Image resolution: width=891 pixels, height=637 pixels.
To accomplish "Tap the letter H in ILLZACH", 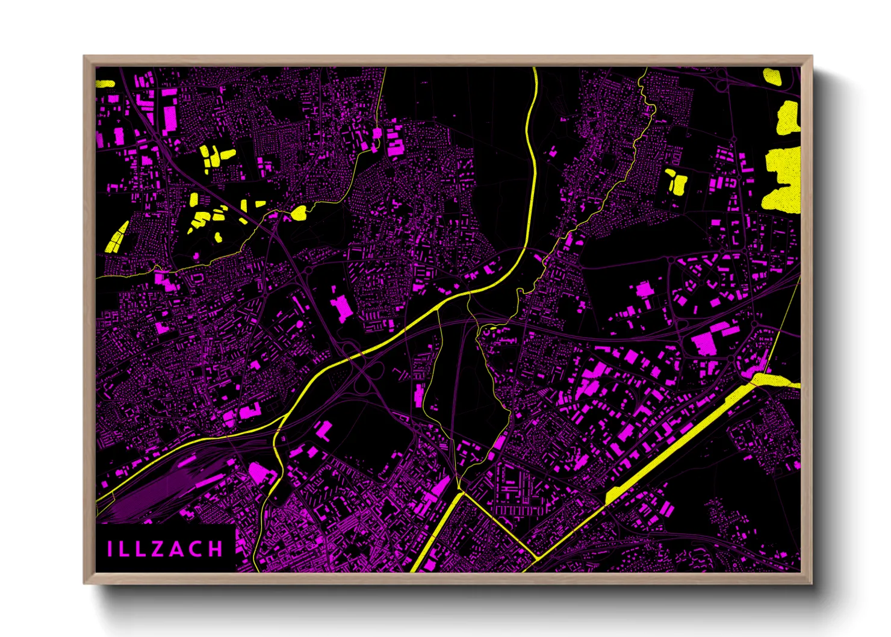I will click(x=216, y=549).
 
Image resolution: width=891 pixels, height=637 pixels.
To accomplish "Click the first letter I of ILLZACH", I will click(x=110, y=549).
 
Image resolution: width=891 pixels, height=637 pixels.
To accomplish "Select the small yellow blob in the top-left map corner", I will click(x=105, y=84).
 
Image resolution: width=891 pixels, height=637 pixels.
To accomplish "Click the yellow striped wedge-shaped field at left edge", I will click(x=117, y=237).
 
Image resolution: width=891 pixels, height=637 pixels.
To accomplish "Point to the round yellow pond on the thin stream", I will click(x=299, y=212).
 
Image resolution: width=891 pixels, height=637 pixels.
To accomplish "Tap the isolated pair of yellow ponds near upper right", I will click(x=675, y=181).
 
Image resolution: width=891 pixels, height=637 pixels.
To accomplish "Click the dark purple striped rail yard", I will click(x=163, y=488).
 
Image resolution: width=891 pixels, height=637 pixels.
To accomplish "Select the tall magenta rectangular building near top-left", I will click(x=170, y=119).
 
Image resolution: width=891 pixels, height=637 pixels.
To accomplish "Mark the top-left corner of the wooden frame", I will click(x=84, y=57).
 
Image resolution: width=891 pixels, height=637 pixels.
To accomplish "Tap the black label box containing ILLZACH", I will click(x=165, y=548).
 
